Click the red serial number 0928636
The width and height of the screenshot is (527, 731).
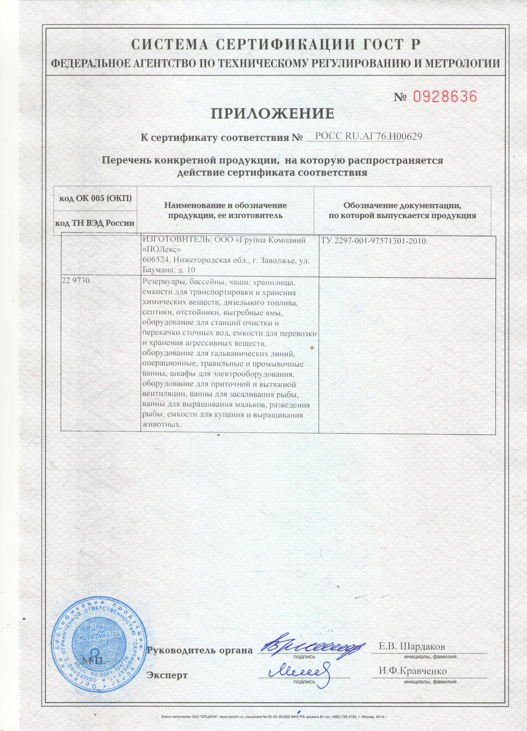point(444,97)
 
